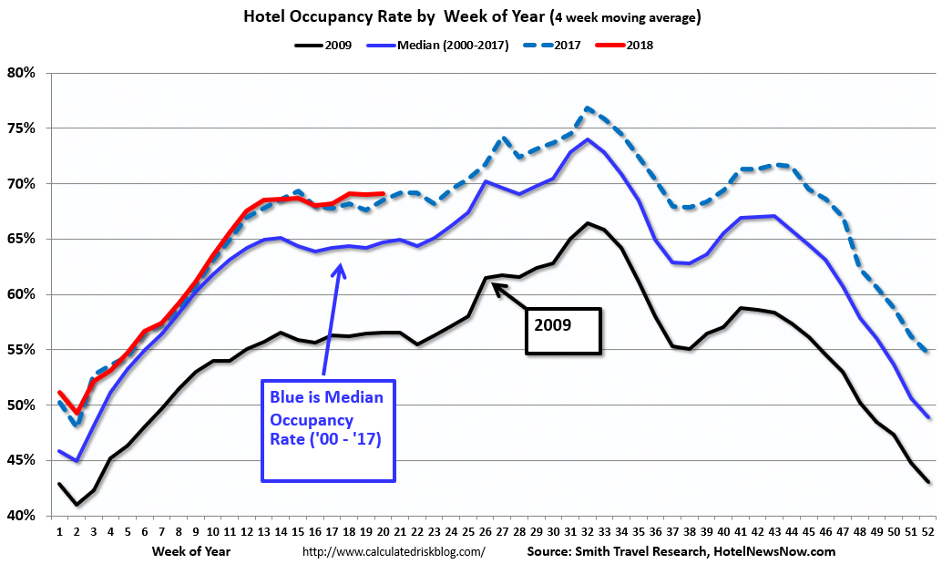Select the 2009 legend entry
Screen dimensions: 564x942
329,44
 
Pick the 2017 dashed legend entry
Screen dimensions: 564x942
564,44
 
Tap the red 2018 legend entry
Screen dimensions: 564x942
639,44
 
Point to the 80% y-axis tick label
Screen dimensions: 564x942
21,73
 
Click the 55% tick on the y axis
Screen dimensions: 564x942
21,350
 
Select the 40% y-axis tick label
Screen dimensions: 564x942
21,516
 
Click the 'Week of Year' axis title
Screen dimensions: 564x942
191,550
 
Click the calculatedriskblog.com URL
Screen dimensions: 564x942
393,550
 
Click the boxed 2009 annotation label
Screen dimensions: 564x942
563,330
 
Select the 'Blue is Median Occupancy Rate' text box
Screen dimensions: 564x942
328,430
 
